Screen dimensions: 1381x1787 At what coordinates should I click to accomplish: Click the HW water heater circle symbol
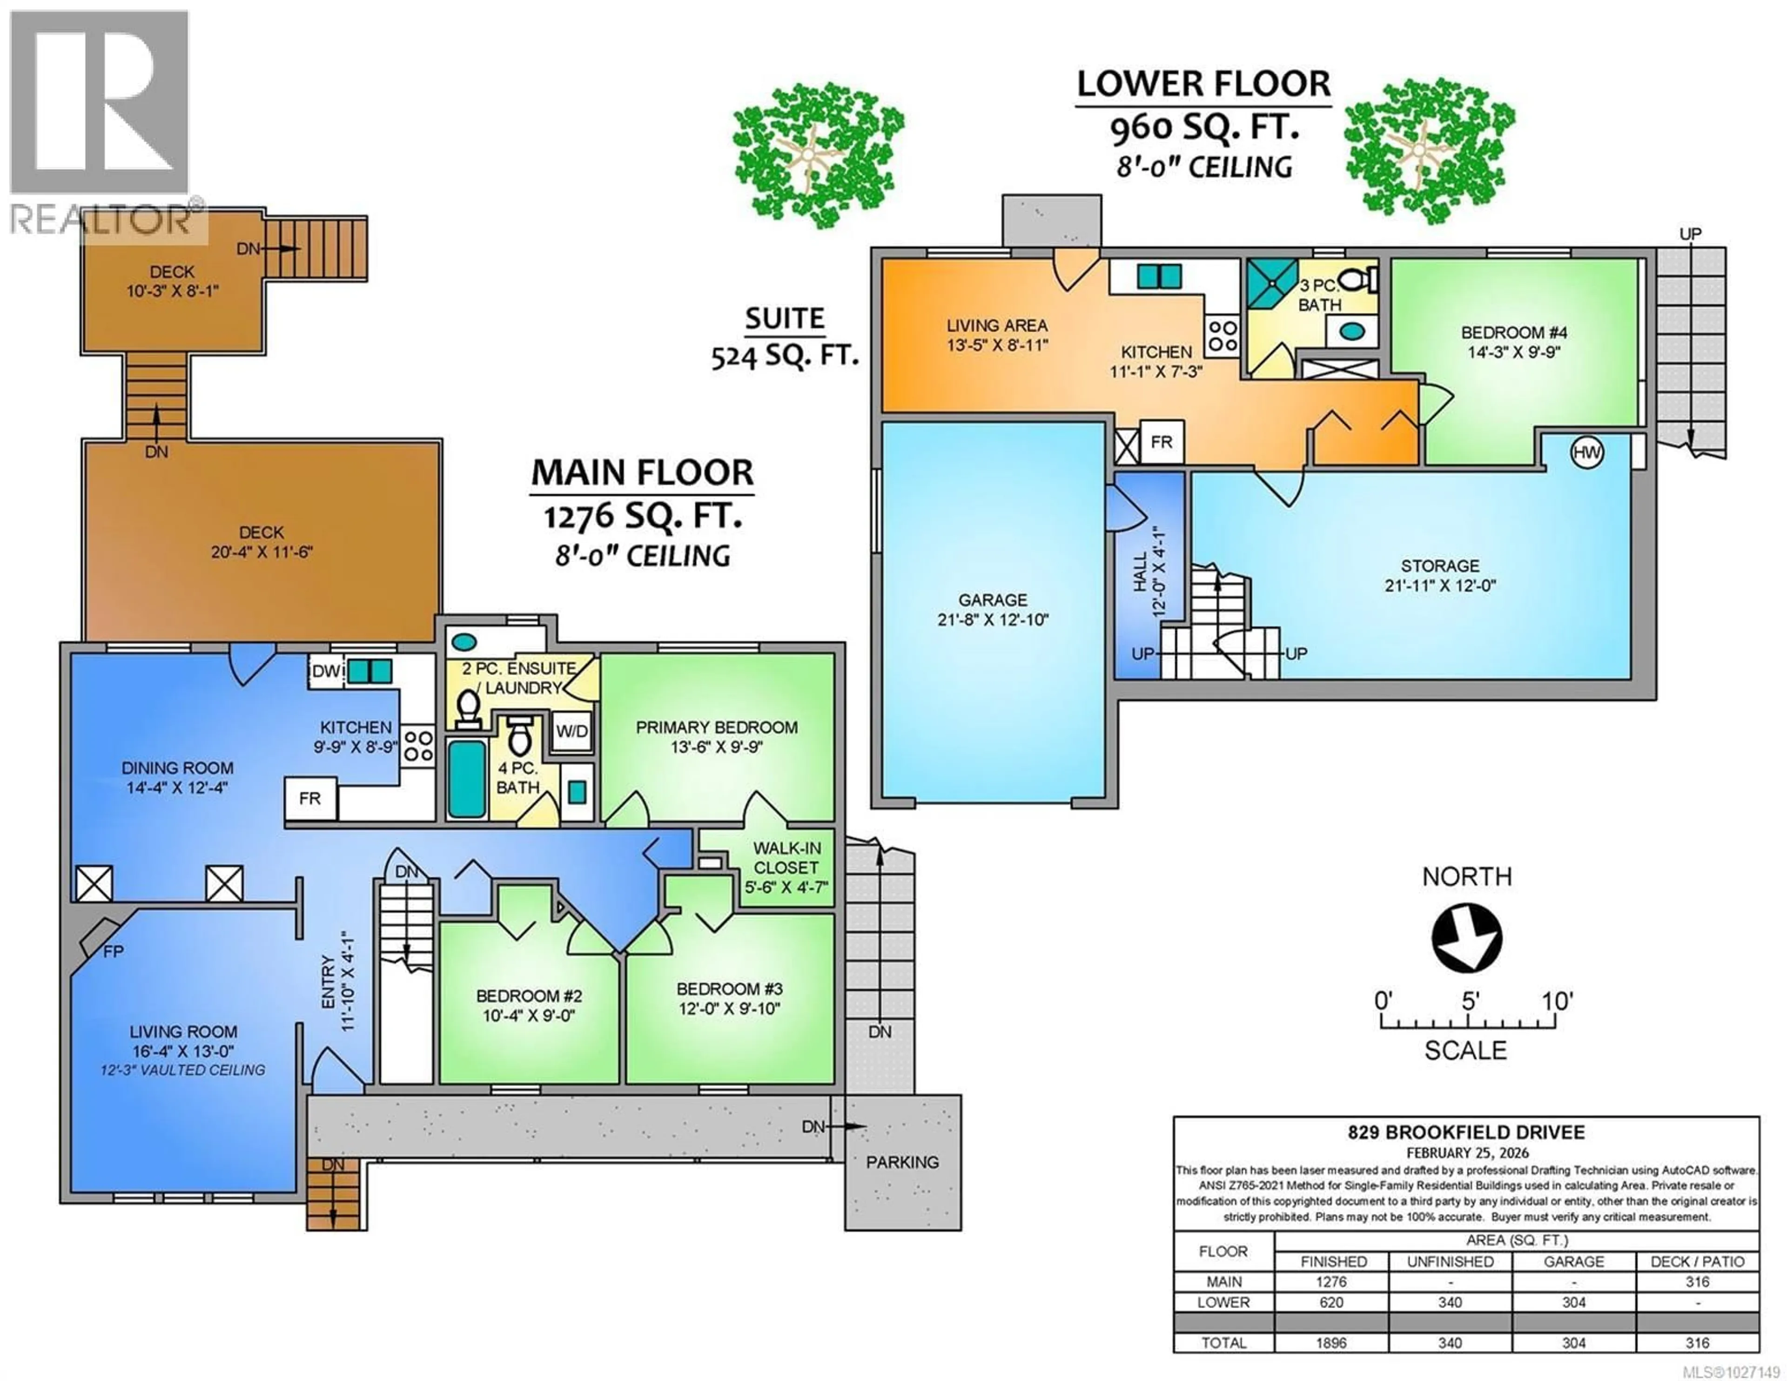[1586, 453]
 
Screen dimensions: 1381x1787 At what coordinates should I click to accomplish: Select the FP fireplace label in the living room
[113, 952]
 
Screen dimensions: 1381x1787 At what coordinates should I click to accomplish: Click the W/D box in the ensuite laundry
[572, 731]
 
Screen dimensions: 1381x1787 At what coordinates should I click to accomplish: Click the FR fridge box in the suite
[1161, 442]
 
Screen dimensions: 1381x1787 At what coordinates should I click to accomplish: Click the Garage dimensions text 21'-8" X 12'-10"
[993, 620]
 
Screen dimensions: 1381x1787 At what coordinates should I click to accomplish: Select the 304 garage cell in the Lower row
[1573, 1301]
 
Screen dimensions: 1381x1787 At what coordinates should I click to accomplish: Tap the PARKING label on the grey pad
[902, 1162]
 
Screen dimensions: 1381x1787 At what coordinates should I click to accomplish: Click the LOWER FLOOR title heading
[1203, 84]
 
